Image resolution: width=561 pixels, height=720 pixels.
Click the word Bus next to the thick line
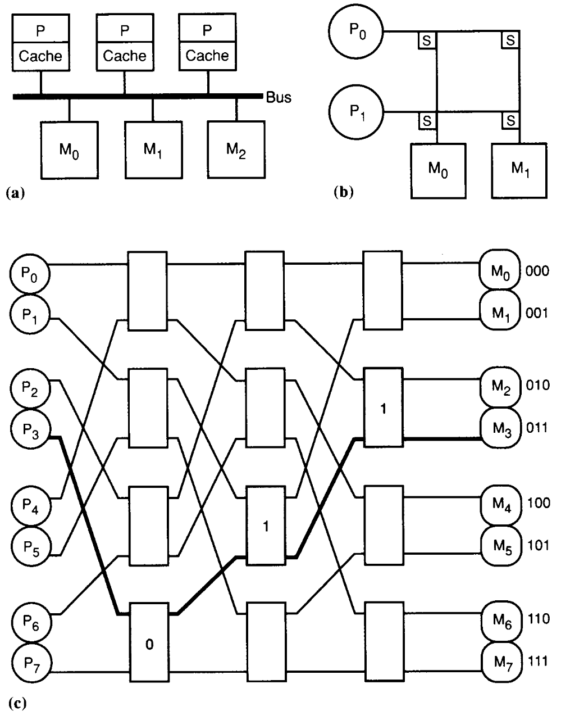coord(279,97)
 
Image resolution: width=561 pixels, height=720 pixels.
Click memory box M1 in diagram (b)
coord(519,170)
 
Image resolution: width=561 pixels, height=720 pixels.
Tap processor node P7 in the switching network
coord(30,664)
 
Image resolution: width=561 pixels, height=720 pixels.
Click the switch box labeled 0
coord(148,643)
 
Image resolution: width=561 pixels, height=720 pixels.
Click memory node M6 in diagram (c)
coord(500,621)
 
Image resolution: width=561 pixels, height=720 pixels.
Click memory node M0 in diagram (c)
coord(500,272)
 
